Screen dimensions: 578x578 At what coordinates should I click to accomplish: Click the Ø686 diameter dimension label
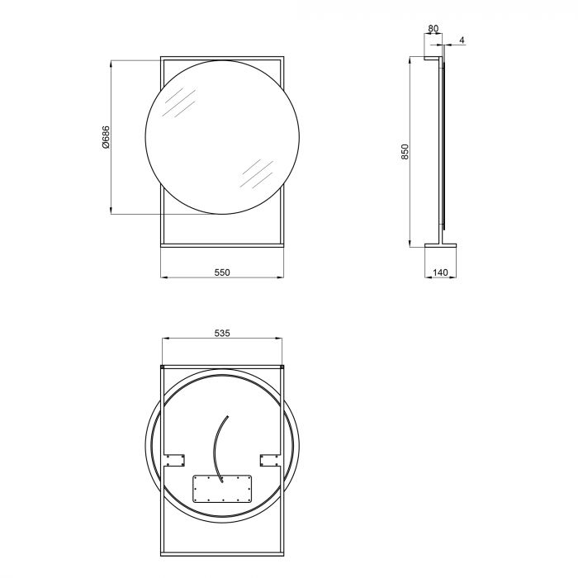pos(106,137)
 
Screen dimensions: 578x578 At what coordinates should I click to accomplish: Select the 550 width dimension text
pos(221,270)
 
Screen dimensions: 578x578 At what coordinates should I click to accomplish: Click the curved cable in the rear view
pos(218,446)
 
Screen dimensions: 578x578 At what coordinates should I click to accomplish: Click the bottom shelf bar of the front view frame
pos(221,243)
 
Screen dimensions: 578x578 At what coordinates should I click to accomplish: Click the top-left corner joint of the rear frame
pos(162,366)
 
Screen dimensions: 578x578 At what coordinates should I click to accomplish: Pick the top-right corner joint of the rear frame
pos(283,366)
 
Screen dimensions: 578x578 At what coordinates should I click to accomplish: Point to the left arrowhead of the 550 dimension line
pos(162,277)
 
